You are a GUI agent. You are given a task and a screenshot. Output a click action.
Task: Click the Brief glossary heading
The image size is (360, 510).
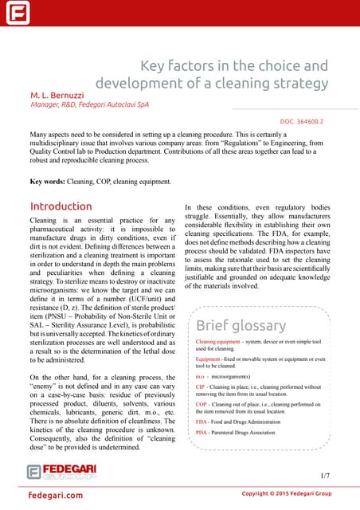click(x=241, y=325)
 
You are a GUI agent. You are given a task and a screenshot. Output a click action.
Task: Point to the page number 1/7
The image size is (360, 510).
click(x=324, y=475)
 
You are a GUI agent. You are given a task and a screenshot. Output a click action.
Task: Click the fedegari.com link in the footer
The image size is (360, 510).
click(x=56, y=496)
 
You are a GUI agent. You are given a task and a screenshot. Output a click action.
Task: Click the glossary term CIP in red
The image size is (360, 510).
click(x=201, y=386)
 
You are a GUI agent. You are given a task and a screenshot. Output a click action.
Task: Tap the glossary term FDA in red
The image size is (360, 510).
click(x=202, y=421)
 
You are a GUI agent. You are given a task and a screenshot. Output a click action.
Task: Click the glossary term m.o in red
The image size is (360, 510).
click(x=201, y=375)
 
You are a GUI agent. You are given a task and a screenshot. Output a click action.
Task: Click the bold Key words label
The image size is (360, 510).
click(x=47, y=182)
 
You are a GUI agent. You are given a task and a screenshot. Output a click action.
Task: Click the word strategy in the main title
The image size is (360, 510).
click(x=299, y=83)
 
